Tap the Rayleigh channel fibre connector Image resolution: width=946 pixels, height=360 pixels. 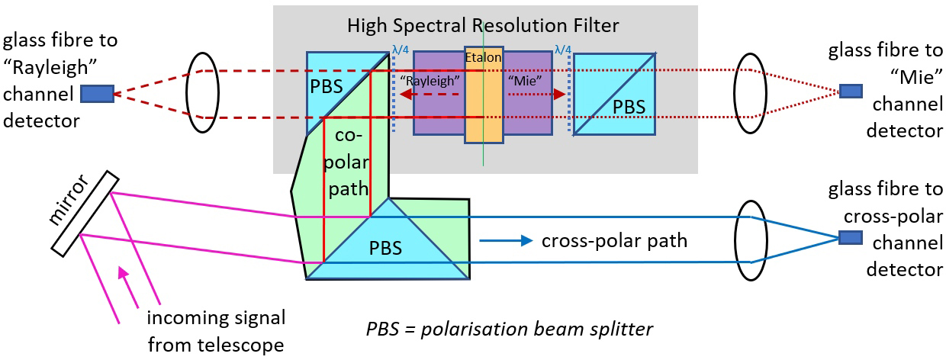point(96,93)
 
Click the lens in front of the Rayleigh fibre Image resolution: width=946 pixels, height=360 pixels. point(201,92)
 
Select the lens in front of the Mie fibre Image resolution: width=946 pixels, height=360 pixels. point(749,92)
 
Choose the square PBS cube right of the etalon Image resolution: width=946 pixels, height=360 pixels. point(614,95)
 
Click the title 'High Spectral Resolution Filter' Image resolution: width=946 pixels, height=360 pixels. point(483,25)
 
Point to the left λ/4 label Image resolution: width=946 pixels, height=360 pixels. point(401,50)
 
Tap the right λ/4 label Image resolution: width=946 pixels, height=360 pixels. point(563,50)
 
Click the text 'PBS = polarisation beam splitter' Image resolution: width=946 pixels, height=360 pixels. point(510,329)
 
